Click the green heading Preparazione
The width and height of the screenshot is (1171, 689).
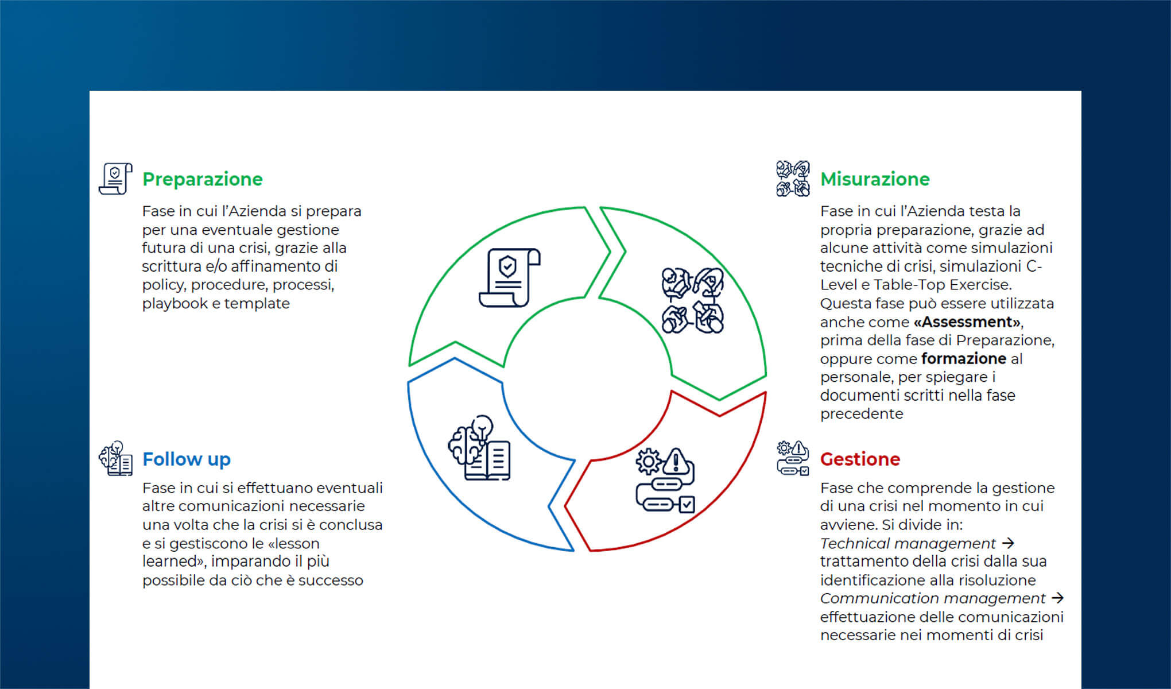coord(202,179)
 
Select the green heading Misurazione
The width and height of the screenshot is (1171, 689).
coord(875,179)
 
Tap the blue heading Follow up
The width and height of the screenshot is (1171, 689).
coord(187,459)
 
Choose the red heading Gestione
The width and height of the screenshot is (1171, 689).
coord(860,459)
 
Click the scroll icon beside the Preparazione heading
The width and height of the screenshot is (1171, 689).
coord(115,179)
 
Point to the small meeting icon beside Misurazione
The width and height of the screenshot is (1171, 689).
coord(793,179)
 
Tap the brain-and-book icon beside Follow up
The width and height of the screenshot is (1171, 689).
coord(115,458)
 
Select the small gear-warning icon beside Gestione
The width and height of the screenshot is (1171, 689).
coord(793,458)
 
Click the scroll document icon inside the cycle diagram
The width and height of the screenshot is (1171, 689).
coord(510,277)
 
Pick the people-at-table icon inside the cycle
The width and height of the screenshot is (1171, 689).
coord(692,300)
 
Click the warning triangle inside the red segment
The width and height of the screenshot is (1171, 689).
coord(677,461)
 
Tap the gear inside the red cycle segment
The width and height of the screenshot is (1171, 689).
coord(649,461)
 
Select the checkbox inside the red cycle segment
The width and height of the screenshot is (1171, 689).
coord(687,505)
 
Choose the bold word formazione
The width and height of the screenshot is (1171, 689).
coord(964,359)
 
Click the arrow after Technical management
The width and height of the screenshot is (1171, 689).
coord(1008,543)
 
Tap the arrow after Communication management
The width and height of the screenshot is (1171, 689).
coord(1057,598)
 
